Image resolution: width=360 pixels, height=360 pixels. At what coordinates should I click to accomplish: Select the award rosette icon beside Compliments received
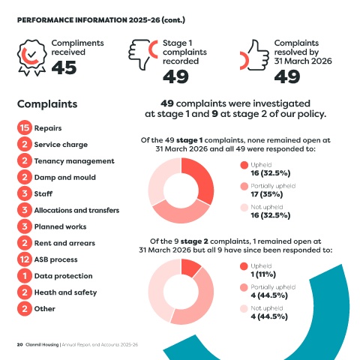point(31,58)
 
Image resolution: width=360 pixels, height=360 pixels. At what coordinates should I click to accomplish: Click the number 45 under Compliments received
point(64,67)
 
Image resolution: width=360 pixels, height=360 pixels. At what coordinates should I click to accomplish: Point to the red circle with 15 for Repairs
point(25,127)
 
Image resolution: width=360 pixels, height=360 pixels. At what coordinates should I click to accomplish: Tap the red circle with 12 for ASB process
point(25,259)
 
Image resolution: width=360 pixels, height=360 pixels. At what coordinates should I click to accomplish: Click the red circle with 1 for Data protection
point(25,276)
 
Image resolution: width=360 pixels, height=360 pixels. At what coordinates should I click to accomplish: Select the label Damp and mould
point(65,177)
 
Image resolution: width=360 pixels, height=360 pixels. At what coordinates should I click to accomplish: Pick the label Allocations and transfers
point(76,210)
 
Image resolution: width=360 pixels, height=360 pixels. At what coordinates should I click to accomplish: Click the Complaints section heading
point(47,104)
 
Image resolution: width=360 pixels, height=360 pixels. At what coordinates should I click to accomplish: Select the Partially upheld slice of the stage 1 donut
point(181,214)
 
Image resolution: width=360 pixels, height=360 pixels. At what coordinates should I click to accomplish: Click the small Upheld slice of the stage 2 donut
point(190,267)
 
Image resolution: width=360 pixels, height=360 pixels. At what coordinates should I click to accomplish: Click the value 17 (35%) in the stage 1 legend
point(267,194)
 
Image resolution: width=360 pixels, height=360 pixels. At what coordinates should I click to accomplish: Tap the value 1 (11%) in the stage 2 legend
point(263,274)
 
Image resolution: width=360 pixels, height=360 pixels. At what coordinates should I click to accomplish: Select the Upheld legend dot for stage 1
point(244,165)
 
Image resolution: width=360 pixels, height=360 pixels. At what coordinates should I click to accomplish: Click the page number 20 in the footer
point(19,344)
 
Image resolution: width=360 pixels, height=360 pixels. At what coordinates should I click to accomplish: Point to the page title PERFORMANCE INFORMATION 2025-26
point(88,20)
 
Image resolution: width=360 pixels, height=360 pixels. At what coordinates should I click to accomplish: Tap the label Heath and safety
point(65,292)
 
